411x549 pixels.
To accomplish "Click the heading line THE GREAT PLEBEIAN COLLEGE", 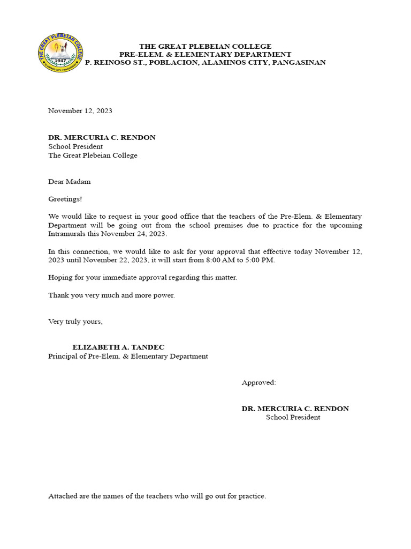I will pyautogui.click(x=205, y=47).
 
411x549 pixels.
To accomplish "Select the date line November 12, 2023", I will pyautogui.click(x=80, y=111).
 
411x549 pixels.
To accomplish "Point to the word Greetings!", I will pyautogui.click(x=65, y=199).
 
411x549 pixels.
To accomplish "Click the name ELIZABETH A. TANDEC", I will pyautogui.click(x=115, y=347).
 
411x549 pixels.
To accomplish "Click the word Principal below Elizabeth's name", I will pyautogui.click(x=64, y=357).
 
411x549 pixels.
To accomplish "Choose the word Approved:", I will pyautogui.click(x=259, y=383).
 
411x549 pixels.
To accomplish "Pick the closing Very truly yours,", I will pyautogui.click(x=75, y=322).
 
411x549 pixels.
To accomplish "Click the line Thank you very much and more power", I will pyautogui.click(x=111, y=295).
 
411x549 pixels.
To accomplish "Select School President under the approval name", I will pyautogui.click(x=293, y=417).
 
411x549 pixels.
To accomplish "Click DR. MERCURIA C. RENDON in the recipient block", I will pyautogui.click(x=102, y=137).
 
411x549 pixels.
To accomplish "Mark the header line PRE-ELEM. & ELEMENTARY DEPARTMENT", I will pyautogui.click(x=205, y=55).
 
